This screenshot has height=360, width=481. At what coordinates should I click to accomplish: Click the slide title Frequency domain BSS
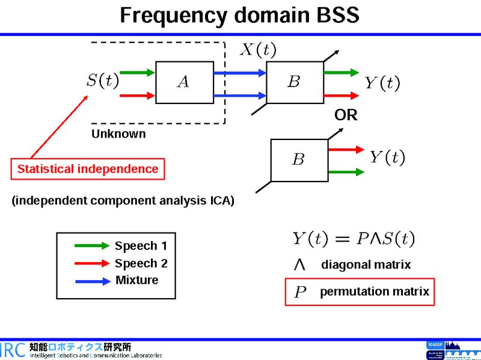point(240,16)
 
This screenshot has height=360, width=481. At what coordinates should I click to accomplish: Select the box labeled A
point(185,82)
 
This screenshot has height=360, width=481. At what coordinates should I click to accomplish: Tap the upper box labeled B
point(295,82)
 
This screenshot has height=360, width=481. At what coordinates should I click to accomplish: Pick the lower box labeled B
point(299,160)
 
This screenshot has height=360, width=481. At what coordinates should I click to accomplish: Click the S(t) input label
point(102,80)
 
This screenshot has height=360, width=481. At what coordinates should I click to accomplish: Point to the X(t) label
point(259,49)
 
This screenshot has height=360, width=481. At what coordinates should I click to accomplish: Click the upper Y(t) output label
point(382,83)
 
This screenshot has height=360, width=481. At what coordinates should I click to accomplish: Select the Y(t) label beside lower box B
point(387,157)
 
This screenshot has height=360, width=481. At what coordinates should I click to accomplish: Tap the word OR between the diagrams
point(346,115)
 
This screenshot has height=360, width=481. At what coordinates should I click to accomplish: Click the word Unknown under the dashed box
point(118,134)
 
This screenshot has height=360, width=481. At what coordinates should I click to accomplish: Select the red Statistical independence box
point(88,169)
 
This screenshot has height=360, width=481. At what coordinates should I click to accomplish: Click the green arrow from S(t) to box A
point(137,73)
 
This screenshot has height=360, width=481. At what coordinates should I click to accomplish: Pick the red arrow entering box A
point(137,95)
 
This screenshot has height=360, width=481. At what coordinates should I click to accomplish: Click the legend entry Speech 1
point(141,246)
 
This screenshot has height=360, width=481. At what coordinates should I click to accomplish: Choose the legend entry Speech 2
point(141,263)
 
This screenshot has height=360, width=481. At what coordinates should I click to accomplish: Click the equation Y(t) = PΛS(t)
point(354,239)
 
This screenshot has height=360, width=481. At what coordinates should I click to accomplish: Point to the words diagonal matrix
point(366,264)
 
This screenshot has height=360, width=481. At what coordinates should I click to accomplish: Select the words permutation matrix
point(375,292)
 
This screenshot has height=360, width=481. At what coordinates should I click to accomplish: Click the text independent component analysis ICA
point(123,201)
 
